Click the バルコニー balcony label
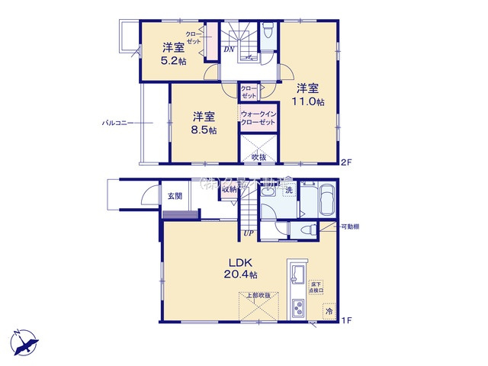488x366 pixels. [118, 122]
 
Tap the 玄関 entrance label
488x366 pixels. [175, 196]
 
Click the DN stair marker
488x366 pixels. [230, 51]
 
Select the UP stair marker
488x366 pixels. [249, 233]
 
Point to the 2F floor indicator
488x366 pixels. [346, 161]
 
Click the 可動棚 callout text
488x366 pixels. [351, 226]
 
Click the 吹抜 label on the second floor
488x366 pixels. [259, 157]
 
